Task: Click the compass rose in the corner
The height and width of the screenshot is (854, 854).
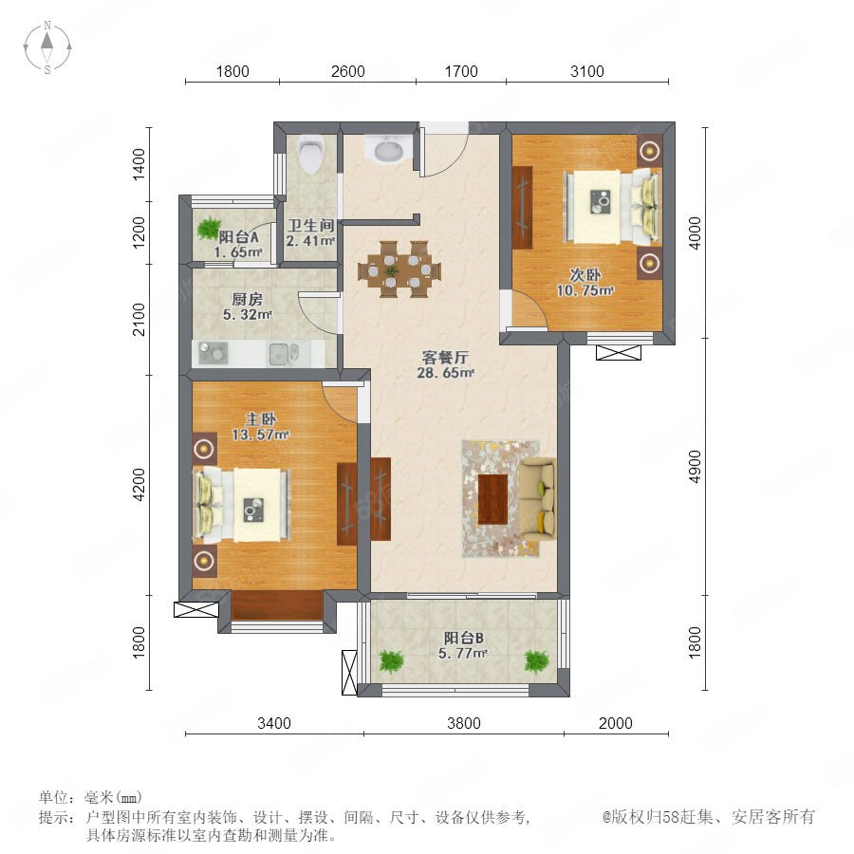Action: point(47,46)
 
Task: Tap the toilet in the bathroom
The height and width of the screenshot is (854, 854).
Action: point(311,154)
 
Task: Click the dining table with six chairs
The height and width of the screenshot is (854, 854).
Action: point(399,269)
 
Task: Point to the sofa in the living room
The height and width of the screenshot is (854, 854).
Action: point(538,498)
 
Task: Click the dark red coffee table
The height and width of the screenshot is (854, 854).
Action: point(492,499)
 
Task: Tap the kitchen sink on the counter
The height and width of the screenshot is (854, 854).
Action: point(283,354)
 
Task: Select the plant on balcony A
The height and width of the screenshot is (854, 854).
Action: point(208,228)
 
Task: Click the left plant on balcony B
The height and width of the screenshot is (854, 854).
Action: point(391,660)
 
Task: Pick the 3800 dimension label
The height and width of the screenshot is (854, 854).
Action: point(463,723)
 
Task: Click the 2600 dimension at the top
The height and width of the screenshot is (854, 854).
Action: point(348,71)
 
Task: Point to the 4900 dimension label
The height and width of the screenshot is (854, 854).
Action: point(695,466)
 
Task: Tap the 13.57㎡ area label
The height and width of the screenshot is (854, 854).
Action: point(260,435)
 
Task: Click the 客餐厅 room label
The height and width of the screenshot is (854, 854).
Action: point(445,358)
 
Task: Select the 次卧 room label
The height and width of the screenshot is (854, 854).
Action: point(585,274)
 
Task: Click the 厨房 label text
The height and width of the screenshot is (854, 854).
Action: point(248,299)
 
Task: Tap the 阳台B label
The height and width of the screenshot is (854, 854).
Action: point(463,638)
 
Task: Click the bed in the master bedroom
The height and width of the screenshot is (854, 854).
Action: point(241,505)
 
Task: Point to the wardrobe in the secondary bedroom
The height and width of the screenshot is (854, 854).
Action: point(522,208)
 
